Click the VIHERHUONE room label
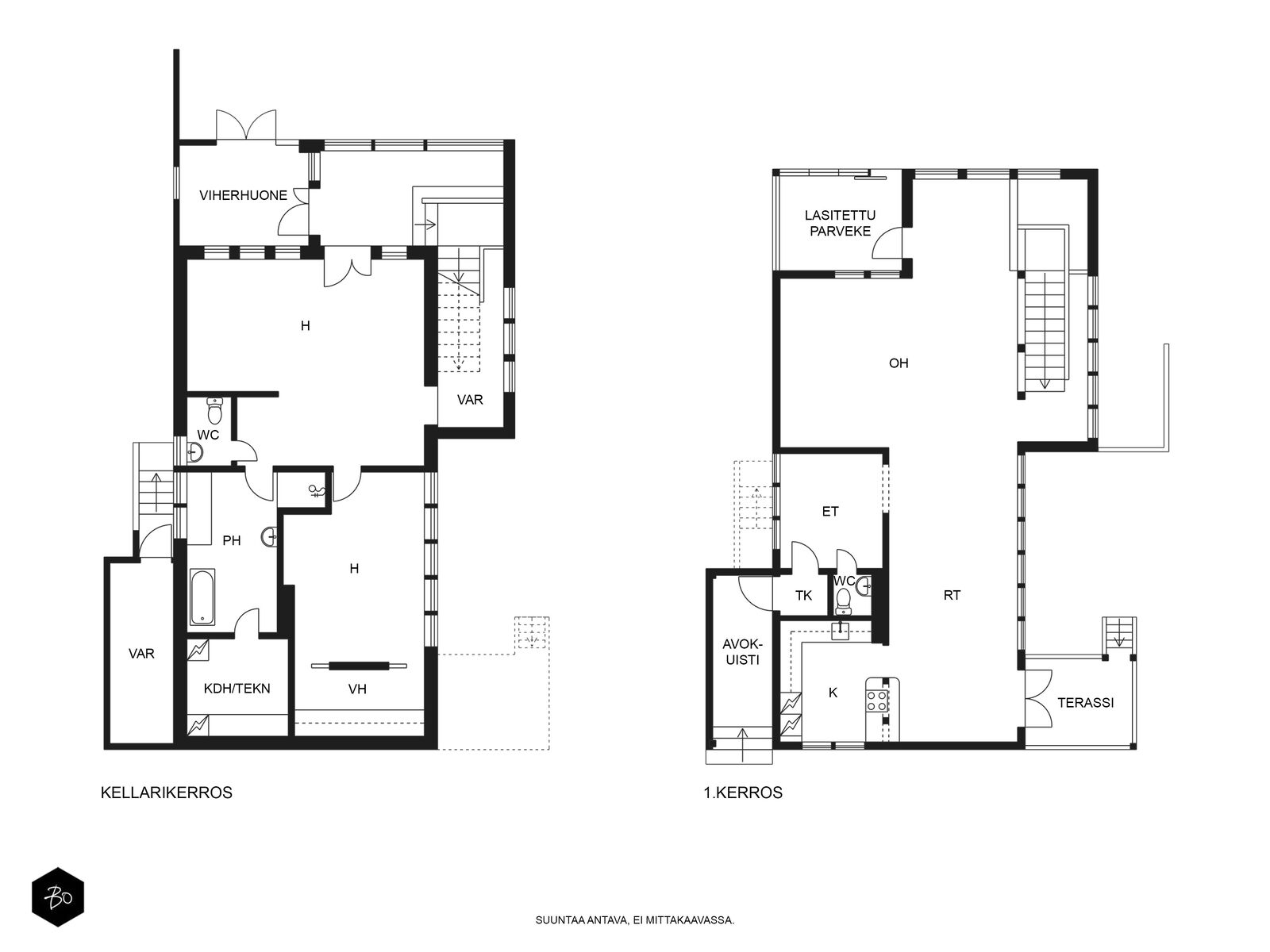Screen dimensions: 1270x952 [243, 195]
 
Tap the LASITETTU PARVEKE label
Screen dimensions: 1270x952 [840, 223]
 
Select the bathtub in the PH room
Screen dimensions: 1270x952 [202, 597]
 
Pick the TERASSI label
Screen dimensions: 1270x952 [1085, 703]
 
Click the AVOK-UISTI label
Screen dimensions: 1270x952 [742, 652]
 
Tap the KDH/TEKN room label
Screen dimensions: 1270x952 [237, 689]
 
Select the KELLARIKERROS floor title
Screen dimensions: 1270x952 [167, 793]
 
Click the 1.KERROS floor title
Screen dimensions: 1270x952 [743, 793]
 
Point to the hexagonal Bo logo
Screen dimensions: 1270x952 [58, 897]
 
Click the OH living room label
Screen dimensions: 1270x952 [899, 363]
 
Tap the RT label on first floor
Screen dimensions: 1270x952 [952, 595]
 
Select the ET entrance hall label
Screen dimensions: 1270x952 [830, 511]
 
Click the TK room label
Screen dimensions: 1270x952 [803, 595]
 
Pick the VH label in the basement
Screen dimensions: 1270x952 [357, 689]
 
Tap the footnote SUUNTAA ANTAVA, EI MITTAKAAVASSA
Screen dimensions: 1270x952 [635, 920]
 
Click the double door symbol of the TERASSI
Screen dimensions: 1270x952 [1038, 697]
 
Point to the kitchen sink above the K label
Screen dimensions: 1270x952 [840, 631]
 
